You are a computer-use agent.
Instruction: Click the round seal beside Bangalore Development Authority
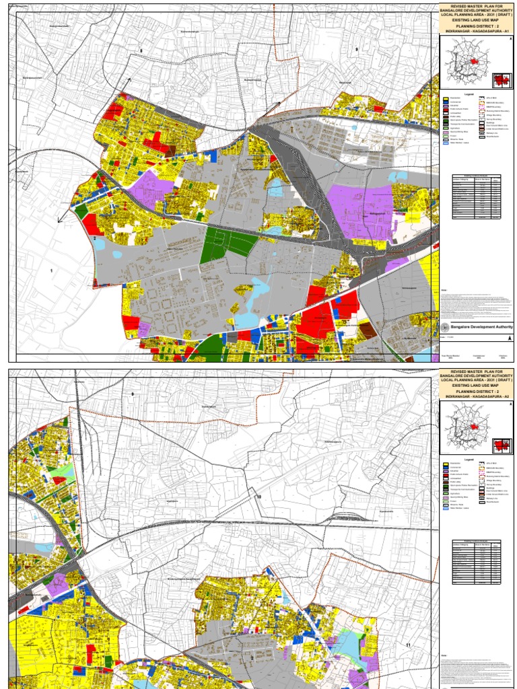coord(444,326)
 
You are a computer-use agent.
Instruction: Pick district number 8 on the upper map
coord(142,51)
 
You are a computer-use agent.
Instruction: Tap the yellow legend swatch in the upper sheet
coord(445,100)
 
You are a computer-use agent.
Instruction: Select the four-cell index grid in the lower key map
coord(499,447)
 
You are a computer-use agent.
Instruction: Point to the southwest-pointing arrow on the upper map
coord(60,220)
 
